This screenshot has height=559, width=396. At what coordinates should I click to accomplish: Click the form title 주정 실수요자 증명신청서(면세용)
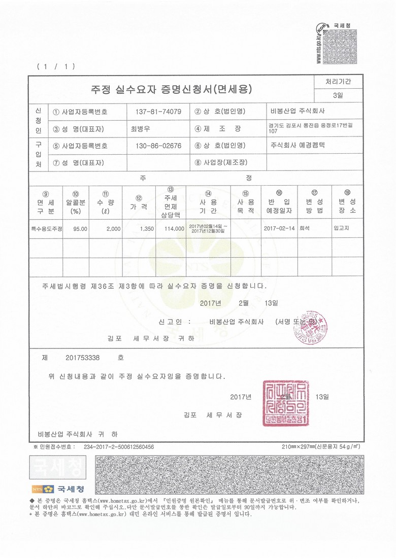coord(171,90)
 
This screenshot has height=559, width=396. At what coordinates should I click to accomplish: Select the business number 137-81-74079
coord(159,112)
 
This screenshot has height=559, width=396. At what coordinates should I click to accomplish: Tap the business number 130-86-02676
coord(159,146)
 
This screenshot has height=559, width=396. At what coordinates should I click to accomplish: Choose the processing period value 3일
coord(338,95)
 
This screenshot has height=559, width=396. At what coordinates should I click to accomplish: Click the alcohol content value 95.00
coord(80,229)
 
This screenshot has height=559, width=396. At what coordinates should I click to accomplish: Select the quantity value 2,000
coord(113,229)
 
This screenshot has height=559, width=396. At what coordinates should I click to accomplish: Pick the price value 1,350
coord(146,229)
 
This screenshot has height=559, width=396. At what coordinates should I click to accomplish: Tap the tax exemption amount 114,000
coord(174,229)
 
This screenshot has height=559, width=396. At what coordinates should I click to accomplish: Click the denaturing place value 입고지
coord(342,228)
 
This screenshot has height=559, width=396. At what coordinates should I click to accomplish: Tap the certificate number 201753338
coord(83,358)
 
